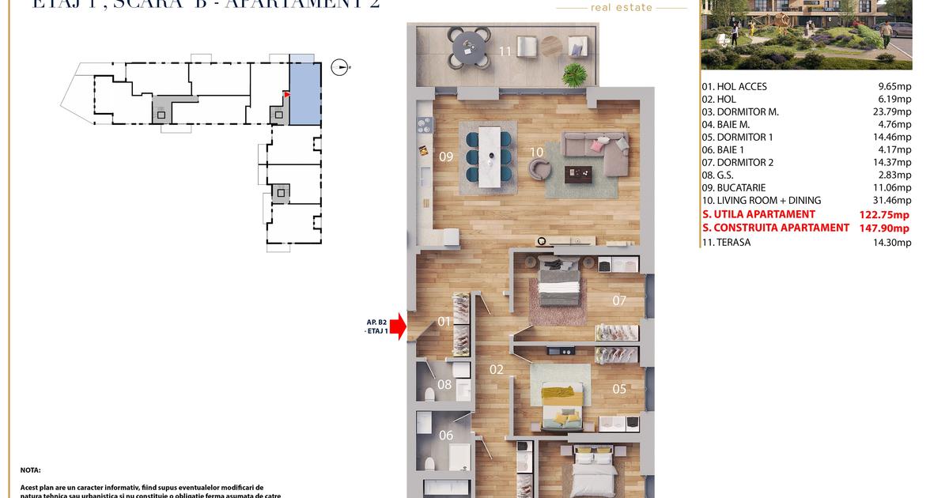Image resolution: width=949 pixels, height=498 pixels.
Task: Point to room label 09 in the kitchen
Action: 446,157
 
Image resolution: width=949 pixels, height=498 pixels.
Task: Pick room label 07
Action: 619,300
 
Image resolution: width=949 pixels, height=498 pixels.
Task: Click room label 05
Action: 619,388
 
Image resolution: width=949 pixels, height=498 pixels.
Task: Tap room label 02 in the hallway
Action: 497,369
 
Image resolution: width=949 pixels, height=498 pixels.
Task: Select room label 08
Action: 444,385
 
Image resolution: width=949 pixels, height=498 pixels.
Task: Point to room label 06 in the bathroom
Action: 446,435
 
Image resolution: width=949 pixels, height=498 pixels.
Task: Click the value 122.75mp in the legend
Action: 884,214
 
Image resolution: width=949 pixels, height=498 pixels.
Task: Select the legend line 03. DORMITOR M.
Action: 739,112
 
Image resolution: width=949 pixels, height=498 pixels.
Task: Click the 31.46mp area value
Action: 894,201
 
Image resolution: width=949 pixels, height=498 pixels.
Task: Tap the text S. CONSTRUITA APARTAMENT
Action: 775,228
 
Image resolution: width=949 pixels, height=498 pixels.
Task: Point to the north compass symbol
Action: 340,67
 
